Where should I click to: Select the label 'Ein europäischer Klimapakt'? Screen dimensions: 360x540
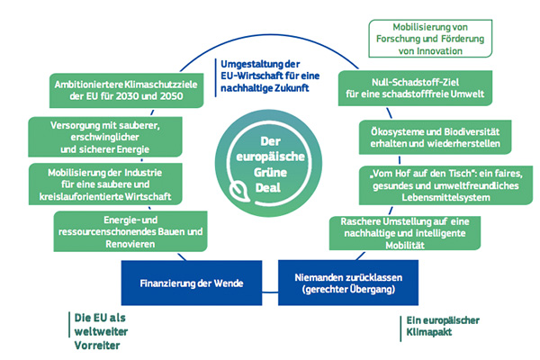pos(436,326)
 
